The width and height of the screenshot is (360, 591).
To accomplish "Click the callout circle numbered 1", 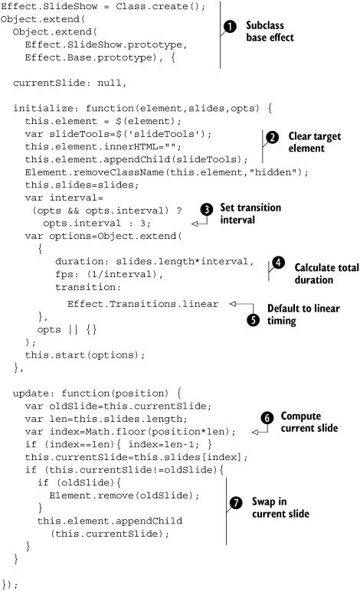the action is [x=230, y=26].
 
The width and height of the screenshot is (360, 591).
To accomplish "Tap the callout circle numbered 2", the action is [x=272, y=137].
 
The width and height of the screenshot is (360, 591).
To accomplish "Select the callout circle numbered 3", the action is [x=207, y=210].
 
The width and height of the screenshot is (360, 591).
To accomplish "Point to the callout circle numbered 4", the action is [x=278, y=263].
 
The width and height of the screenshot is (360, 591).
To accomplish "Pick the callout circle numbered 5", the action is [x=254, y=320].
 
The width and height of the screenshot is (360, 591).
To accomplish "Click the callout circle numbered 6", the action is [x=267, y=418].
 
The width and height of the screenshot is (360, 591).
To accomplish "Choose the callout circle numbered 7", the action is [x=236, y=502].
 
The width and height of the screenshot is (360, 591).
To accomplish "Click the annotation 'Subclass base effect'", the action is [x=270, y=31].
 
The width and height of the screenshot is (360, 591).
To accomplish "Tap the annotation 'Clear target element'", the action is [x=314, y=142].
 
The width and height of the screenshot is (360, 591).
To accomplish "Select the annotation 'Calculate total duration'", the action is [x=326, y=273].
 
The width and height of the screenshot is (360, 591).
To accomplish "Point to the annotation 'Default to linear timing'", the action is [x=303, y=315].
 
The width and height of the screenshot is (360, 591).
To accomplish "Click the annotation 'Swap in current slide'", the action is [x=280, y=508].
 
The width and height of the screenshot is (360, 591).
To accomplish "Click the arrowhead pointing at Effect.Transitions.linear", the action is [x=233, y=304].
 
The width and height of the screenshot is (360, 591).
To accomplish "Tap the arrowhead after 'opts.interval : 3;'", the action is [x=195, y=224].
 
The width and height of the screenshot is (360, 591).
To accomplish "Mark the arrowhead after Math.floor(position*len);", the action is [x=255, y=432].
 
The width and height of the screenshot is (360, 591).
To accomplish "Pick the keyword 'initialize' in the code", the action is [x=44, y=109].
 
